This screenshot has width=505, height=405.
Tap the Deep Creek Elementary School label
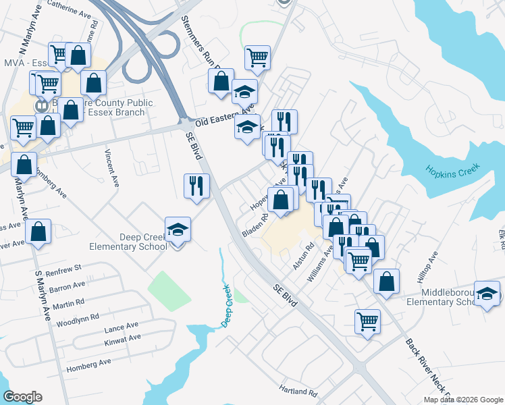point(143,242)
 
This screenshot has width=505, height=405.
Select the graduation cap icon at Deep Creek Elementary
point(178,230)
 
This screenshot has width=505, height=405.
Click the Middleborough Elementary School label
point(450,297)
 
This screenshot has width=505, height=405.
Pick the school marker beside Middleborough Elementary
point(487,294)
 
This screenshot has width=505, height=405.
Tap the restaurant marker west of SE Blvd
point(196,186)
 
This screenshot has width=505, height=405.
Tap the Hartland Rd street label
point(298,391)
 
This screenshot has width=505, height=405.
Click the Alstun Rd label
point(304,256)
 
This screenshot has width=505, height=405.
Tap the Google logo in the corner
point(22,397)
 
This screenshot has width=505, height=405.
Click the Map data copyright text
point(463,400)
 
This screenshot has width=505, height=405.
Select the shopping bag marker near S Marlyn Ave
point(38,232)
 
